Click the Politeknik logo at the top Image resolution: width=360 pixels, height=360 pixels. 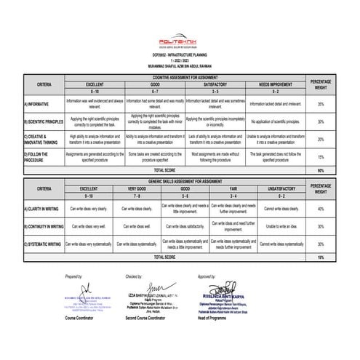[180, 44]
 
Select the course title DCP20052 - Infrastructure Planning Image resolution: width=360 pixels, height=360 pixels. [180, 57]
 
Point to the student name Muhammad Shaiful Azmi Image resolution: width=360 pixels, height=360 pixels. [180, 68]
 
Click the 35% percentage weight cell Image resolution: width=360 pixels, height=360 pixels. [321, 105]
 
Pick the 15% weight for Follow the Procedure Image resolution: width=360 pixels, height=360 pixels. [321, 156]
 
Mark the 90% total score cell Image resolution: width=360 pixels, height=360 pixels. [321, 170]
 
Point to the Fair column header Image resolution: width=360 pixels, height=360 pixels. [234, 188]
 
